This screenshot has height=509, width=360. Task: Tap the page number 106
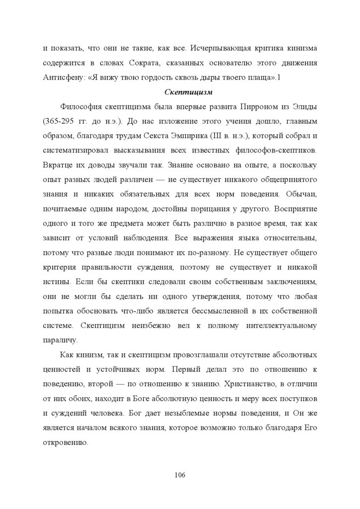tap(180, 475)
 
